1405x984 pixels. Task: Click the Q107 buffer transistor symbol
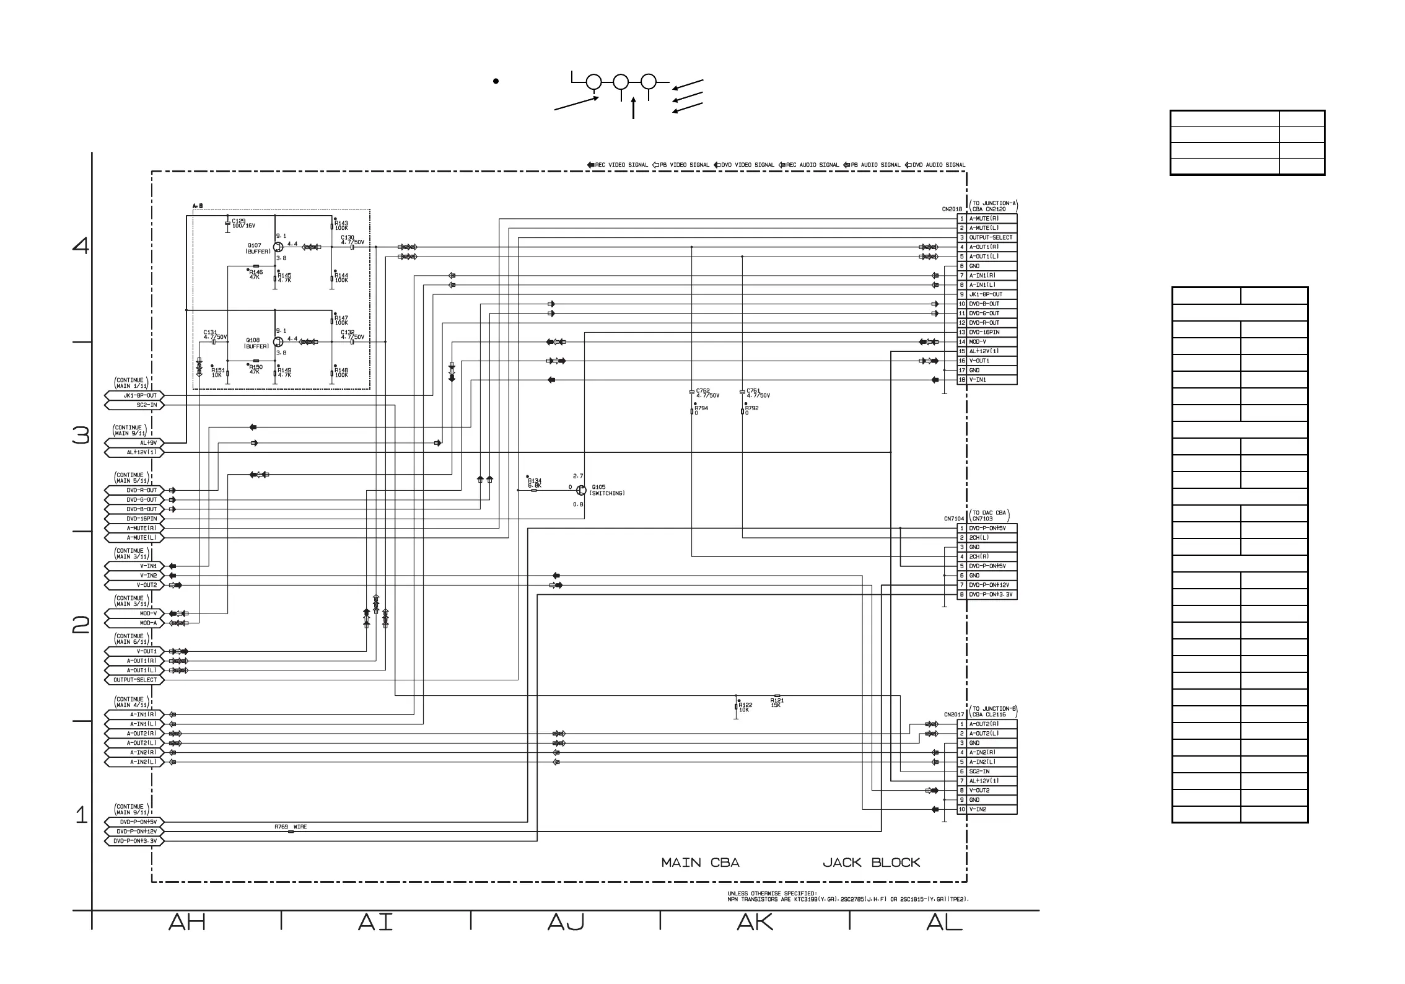pos(278,247)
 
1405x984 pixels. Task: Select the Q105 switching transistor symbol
pos(581,490)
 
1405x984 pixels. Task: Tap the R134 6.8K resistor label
pos(534,483)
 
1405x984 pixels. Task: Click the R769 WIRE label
pos(291,827)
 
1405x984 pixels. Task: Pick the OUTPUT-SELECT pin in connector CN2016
pos(990,237)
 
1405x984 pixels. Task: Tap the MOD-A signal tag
pos(135,623)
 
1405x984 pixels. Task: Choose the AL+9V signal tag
pos(135,443)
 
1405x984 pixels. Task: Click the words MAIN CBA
pos(700,863)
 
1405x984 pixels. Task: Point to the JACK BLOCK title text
pos(871,863)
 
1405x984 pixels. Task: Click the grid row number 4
pos(81,246)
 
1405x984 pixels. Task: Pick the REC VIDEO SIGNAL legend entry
pos(618,165)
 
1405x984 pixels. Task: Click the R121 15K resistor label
pos(777,703)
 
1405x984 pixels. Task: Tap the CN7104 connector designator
pos(954,519)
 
